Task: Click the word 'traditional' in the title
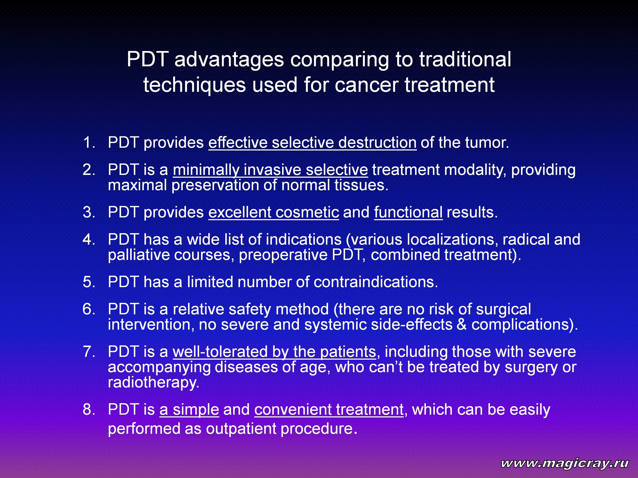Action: point(465,59)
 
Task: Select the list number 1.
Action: point(88,143)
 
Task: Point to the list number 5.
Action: point(88,282)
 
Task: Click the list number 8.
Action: point(88,409)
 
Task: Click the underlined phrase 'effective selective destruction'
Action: point(312,143)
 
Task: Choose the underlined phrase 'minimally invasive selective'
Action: point(270,170)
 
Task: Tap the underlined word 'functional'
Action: point(408,212)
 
